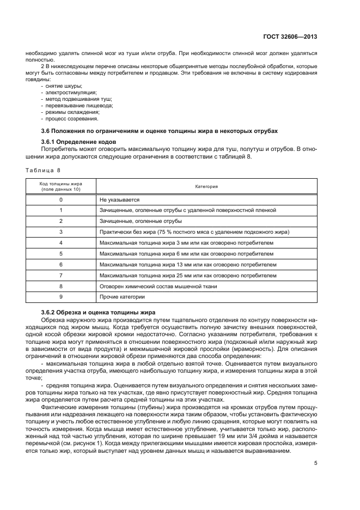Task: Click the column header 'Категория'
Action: [x=206, y=186]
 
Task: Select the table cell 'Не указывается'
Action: [x=120, y=200]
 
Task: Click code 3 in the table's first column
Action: [x=61, y=232]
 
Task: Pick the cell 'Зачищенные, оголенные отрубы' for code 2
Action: [x=141, y=221]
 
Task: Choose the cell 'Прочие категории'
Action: [x=122, y=296]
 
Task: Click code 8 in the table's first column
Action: [x=61, y=286]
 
